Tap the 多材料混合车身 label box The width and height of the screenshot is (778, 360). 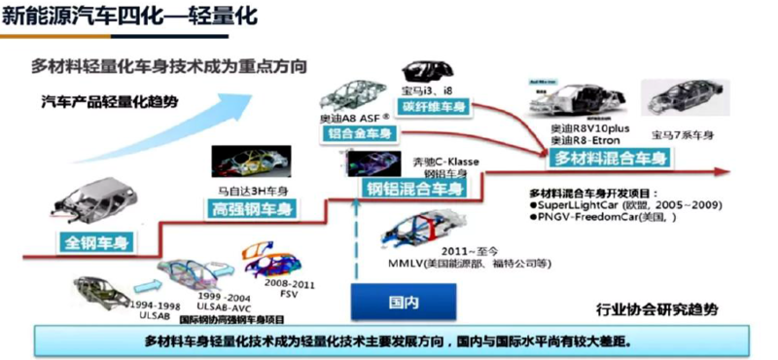(608, 159)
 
